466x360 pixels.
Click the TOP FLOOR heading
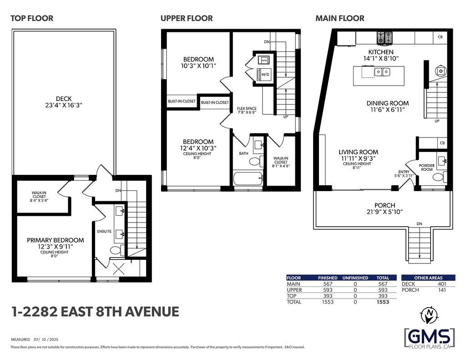[32, 18]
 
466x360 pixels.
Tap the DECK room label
[64, 98]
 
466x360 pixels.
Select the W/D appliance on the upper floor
[264, 74]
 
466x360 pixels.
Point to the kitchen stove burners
[385, 38]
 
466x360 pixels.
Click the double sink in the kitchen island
[382, 71]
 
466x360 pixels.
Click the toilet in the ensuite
[117, 250]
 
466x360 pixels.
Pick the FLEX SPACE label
[247, 108]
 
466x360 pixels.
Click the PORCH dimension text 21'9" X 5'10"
[385, 212]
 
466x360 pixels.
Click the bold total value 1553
[383, 302]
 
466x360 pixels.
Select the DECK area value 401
[442, 284]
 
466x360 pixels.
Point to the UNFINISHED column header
[355, 278]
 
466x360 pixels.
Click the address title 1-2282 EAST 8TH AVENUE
[95, 312]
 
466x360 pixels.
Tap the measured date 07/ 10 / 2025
[46, 339]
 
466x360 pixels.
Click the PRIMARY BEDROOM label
[55, 240]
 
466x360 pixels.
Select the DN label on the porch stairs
[419, 224]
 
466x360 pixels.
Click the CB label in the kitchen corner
[440, 37]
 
